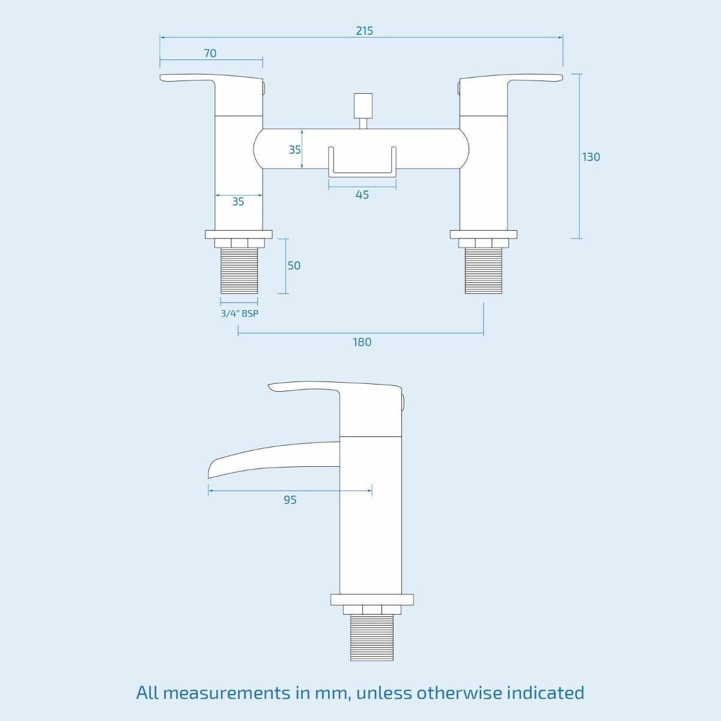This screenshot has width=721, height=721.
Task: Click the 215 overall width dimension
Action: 364,31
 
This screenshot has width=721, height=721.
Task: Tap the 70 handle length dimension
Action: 210,53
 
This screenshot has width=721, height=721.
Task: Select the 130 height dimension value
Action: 591,157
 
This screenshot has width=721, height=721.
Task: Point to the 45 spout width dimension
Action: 362,195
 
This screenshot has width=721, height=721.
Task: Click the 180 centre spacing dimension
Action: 362,342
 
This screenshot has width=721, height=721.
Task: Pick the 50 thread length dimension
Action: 294,266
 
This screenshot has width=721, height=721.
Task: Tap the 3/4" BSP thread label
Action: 240,313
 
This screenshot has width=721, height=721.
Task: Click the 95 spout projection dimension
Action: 290,500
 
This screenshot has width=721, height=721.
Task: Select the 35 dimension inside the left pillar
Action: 238,202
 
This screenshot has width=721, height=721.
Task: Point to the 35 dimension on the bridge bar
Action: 294,150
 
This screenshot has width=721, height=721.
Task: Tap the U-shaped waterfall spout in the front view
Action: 362,162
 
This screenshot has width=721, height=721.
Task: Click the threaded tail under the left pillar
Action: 239,270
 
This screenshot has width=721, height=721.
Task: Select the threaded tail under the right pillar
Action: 484,270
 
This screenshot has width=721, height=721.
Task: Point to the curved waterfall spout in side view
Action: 274,460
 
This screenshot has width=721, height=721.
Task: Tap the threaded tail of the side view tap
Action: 372,637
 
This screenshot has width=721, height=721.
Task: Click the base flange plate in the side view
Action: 372,600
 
